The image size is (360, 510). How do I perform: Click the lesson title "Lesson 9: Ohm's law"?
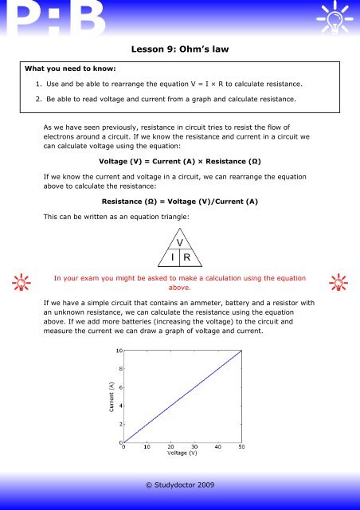pos(179,49)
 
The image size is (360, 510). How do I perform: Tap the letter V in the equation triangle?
pos(180,242)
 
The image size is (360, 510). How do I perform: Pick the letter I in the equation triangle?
pos(170,257)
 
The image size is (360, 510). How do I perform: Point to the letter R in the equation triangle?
pos(187,257)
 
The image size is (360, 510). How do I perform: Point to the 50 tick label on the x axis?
pos(241,447)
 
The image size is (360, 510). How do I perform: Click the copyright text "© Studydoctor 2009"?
pos(179,484)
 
